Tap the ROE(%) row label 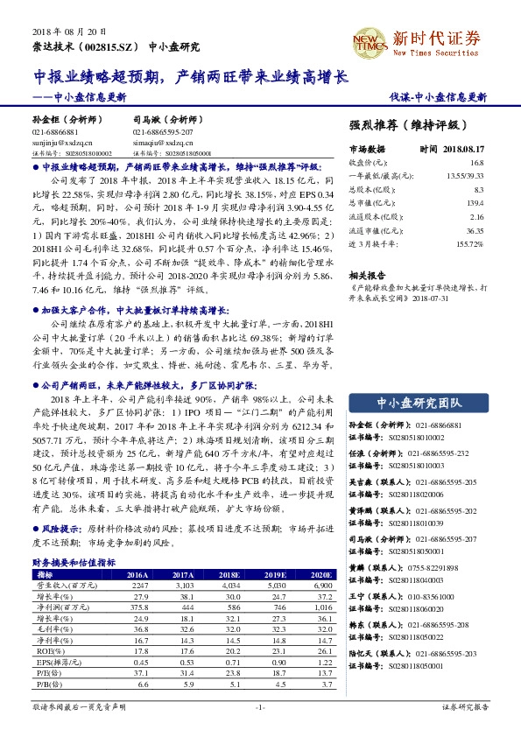(43, 650)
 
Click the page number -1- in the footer (259, 705)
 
